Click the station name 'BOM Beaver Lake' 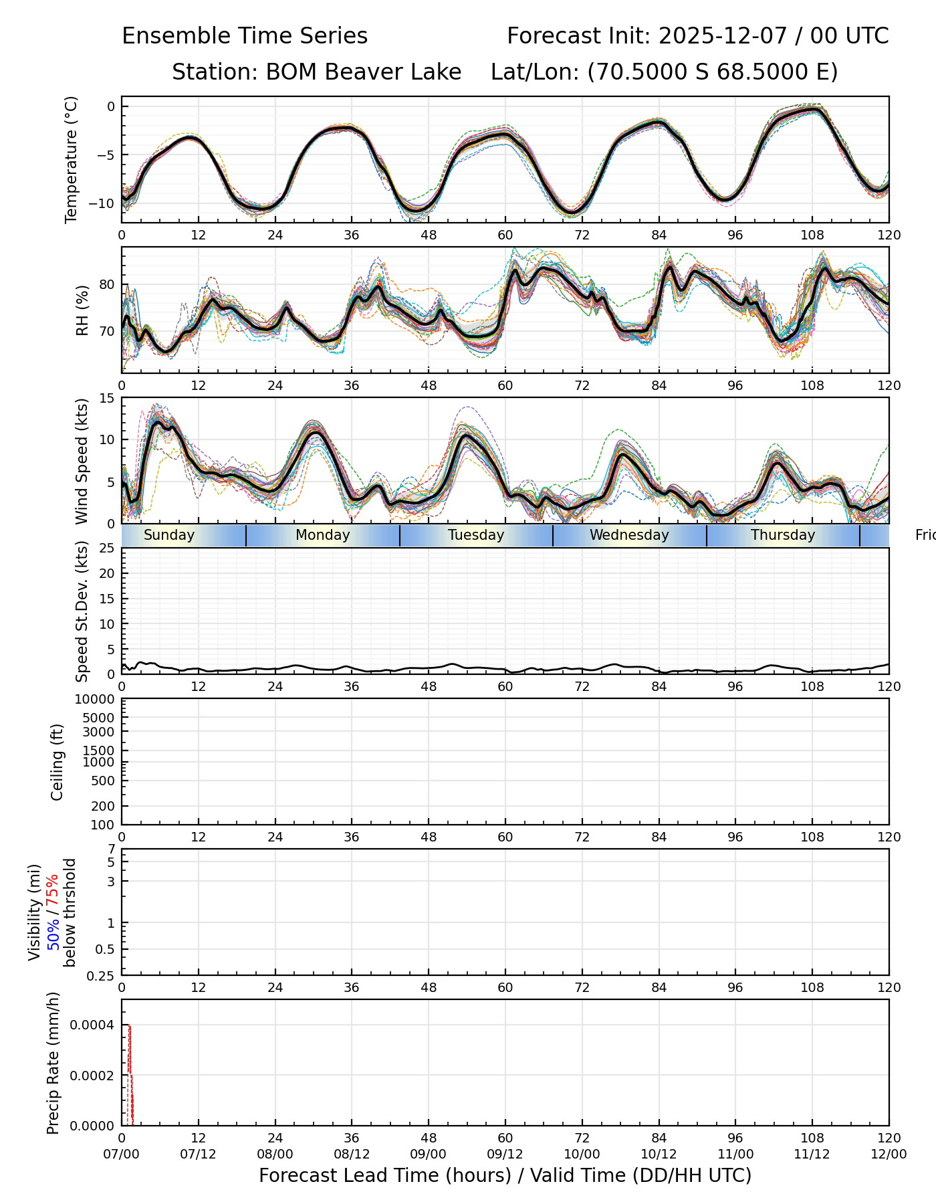click(363, 72)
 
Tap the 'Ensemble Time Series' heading click(245, 36)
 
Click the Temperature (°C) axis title click(72, 159)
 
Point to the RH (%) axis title click(82, 310)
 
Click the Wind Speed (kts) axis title click(82, 461)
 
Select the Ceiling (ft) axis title click(57, 762)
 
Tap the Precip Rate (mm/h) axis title click(53, 1063)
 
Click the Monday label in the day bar click(323, 535)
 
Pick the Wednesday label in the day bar click(629, 535)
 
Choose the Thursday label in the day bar click(783, 535)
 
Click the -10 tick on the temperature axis click(107, 203)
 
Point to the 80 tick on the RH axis click(107, 285)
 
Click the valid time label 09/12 click(505, 1154)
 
